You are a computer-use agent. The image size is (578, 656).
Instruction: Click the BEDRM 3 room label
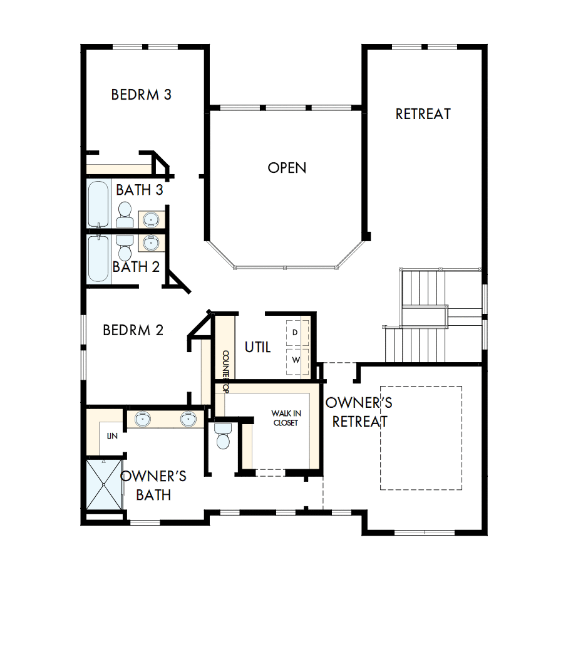pyautogui.click(x=142, y=95)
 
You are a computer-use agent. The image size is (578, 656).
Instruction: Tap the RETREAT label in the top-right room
pyautogui.click(x=423, y=114)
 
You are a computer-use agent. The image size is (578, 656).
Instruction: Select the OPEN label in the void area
pyautogui.click(x=287, y=168)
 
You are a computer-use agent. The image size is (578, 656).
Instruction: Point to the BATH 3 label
pyautogui.click(x=140, y=190)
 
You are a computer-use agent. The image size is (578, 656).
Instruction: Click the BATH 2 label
pyautogui.click(x=136, y=267)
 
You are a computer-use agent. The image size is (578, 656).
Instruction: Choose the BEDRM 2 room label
pyautogui.click(x=133, y=330)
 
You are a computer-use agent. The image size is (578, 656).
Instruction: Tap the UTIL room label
pyautogui.click(x=257, y=347)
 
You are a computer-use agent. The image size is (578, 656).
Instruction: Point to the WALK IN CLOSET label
pyautogui.click(x=286, y=418)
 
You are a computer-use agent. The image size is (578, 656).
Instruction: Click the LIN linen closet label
pyautogui.click(x=112, y=435)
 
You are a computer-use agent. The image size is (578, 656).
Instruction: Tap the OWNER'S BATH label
pyautogui.click(x=153, y=486)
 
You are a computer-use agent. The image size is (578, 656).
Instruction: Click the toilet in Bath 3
pyautogui.click(x=124, y=213)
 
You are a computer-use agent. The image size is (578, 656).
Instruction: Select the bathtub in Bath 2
pyautogui.click(x=98, y=258)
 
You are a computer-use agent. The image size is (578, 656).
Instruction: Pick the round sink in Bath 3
pyautogui.click(x=151, y=219)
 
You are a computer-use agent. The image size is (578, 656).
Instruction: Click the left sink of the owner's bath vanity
pyautogui.click(x=143, y=419)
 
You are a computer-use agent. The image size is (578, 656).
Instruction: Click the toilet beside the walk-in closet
pyautogui.click(x=222, y=436)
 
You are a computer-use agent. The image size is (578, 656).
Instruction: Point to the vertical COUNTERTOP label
pyautogui.click(x=225, y=371)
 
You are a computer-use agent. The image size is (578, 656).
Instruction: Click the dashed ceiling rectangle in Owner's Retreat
pyautogui.click(x=421, y=437)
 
